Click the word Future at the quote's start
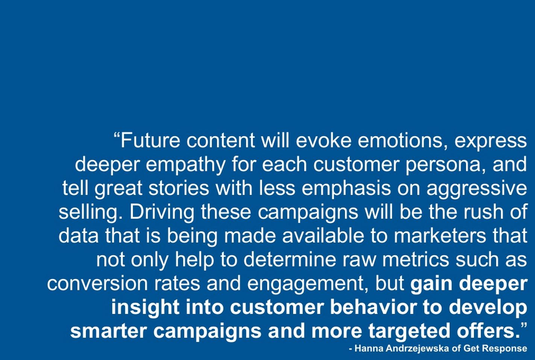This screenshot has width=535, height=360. (150, 141)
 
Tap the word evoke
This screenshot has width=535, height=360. (324, 141)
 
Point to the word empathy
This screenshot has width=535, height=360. (185, 165)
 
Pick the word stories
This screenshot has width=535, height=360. (179, 188)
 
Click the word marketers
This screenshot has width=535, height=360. (440, 235)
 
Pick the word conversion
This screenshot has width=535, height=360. (97, 284)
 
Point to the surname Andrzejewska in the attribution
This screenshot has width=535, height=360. (417, 348)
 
